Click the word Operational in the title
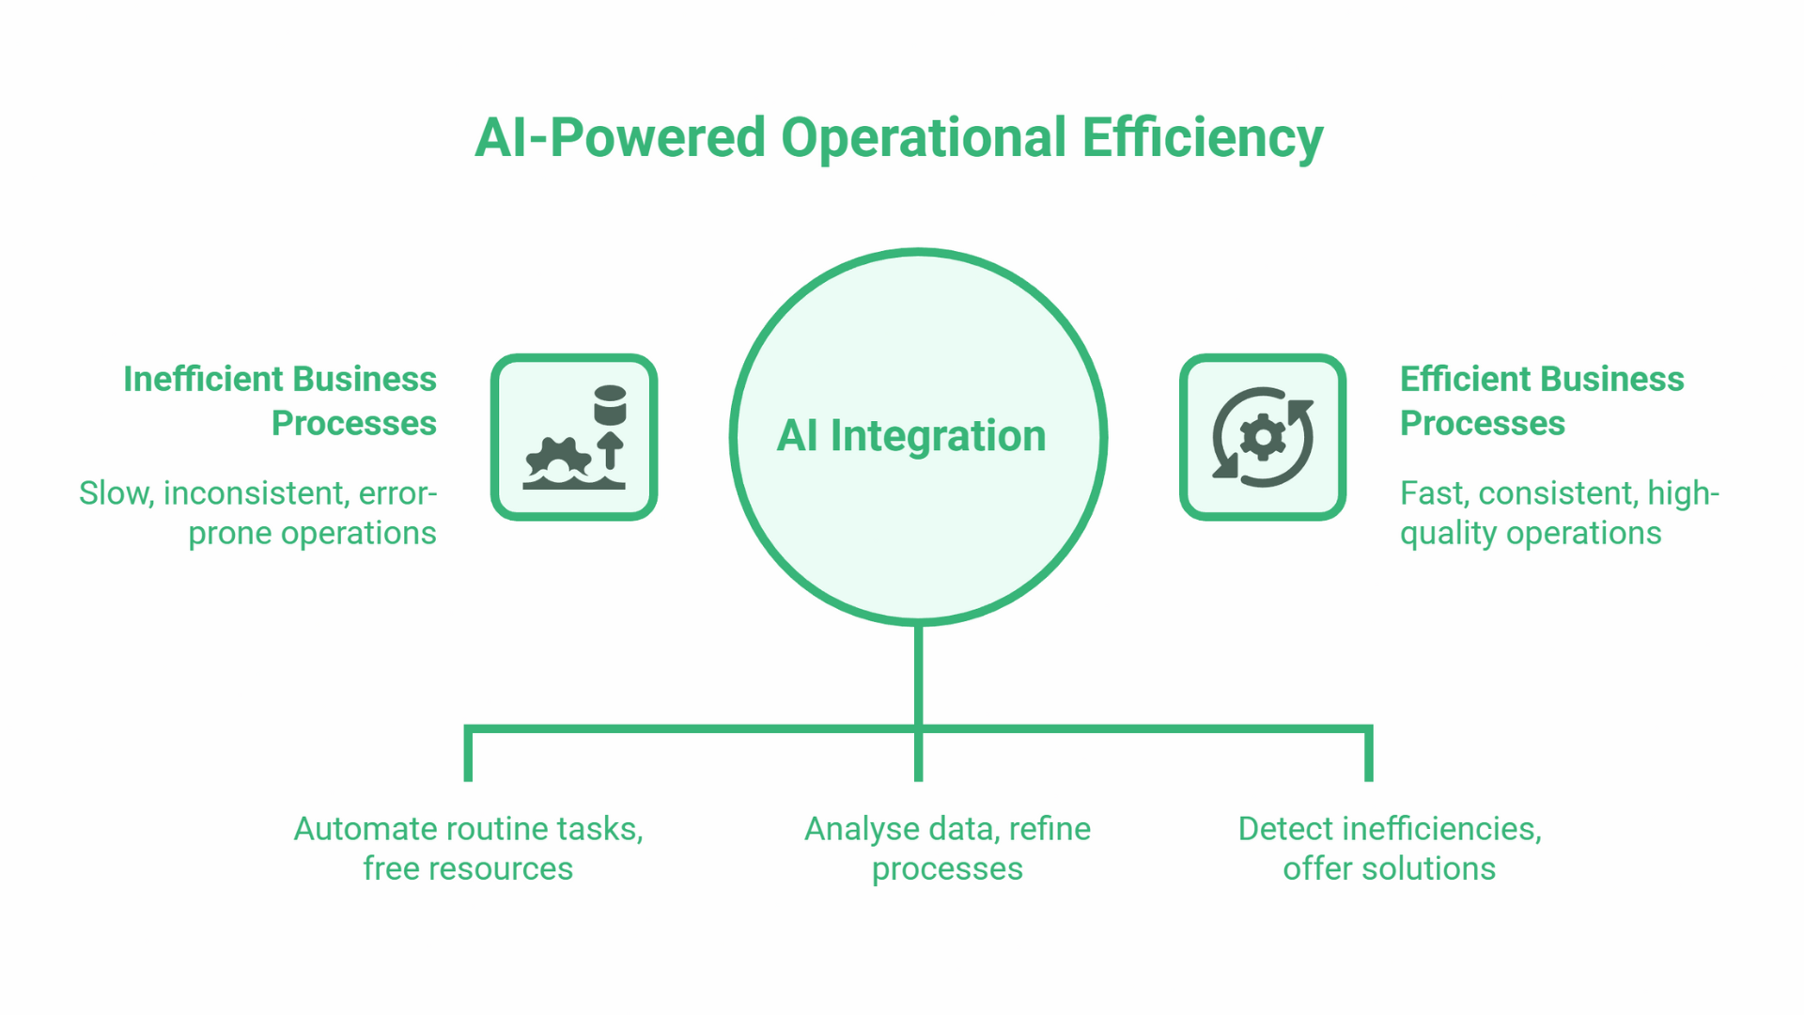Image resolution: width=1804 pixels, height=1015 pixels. coord(923,138)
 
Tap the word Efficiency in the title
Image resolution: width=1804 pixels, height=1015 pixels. coord(1202,138)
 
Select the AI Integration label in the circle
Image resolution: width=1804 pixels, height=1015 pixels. coord(910,436)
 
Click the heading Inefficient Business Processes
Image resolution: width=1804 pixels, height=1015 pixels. coord(280,400)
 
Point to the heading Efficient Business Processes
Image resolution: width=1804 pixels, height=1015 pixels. coord(1541,400)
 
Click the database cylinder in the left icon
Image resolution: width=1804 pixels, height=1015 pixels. coord(610,404)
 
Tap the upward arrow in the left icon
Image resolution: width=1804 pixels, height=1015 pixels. coord(611,450)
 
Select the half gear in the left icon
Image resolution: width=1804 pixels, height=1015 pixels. coord(558,460)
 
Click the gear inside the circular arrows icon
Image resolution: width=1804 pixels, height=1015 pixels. coord(1263,437)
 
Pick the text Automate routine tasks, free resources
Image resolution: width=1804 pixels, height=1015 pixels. coord(468,848)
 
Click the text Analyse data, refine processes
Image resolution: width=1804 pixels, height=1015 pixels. coord(947,848)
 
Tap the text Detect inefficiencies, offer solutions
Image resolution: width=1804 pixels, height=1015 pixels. coord(1389,848)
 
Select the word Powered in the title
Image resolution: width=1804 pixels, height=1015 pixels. coord(658,138)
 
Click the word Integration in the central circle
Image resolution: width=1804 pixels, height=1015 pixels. coord(938,436)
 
